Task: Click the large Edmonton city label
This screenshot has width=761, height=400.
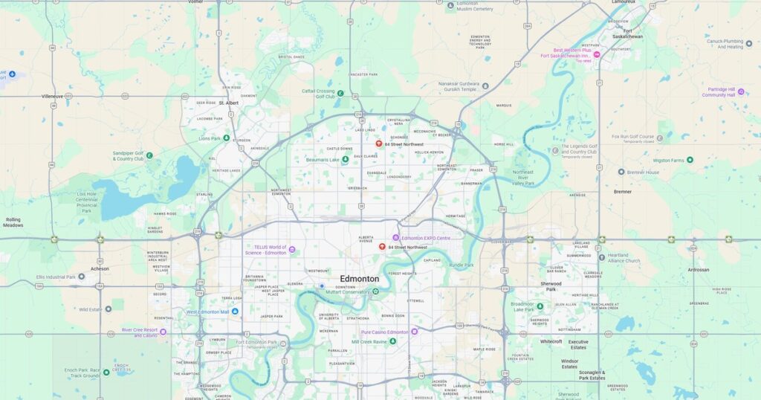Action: pyautogui.click(x=360, y=279)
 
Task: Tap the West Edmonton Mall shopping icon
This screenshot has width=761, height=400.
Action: pyautogui.click(x=235, y=312)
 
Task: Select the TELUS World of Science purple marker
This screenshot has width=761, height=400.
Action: pyautogui.click(x=292, y=250)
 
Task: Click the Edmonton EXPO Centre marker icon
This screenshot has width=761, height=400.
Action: pyautogui.click(x=396, y=238)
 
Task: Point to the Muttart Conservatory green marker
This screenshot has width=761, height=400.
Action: pyautogui.click(x=375, y=291)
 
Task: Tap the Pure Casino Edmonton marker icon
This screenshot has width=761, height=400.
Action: pyautogui.click(x=415, y=332)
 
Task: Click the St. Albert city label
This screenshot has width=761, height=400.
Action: pyautogui.click(x=228, y=103)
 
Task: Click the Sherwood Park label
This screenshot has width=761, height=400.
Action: pyautogui.click(x=551, y=286)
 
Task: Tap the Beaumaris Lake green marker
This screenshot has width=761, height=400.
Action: pyautogui.click(x=345, y=159)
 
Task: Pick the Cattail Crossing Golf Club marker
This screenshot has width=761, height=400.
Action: pyautogui.click(x=340, y=94)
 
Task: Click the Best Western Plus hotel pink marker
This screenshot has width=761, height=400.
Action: pyautogui.click(x=596, y=55)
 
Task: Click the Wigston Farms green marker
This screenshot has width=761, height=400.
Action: pyautogui.click(x=690, y=160)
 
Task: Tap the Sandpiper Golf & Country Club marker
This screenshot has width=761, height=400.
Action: pyautogui.click(x=149, y=155)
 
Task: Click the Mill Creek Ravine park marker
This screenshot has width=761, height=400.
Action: pyautogui.click(x=393, y=341)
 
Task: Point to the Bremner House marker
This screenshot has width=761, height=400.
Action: pyautogui.click(x=621, y=172)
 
